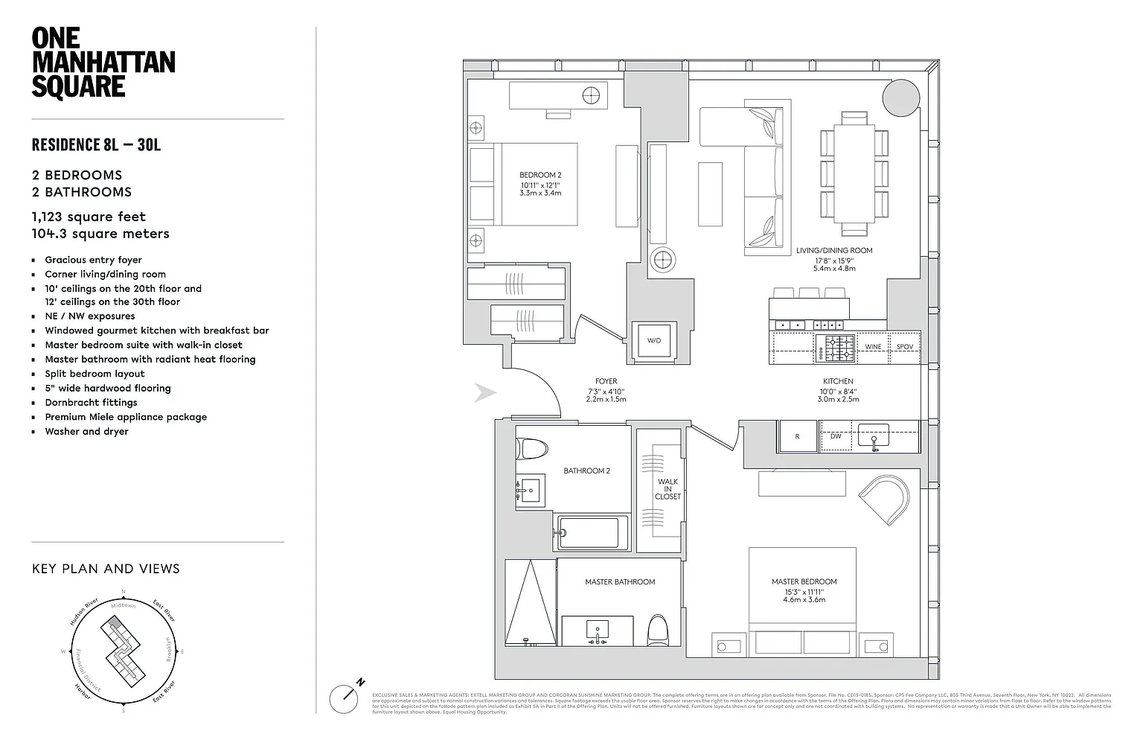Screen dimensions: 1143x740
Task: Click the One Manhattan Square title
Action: pyautogui.click(x=103, y=63)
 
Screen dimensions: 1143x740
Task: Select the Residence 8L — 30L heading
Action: pyautogui.click(x=96, y=144)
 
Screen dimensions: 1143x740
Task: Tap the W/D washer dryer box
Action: pyautogui.click(x=653, y=341)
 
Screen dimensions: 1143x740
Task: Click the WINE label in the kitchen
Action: pyautogui.click(x=873, y=347)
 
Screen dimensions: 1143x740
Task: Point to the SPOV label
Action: pyautogui.click(x=904, y=347)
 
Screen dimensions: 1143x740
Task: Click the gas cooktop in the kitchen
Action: pyautogui.click(x=836, y=348)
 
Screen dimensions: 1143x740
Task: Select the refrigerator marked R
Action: pyautogui.click(x=797, y=436)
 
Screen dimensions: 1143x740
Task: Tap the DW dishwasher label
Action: pyautogui.click(x=836, y=436)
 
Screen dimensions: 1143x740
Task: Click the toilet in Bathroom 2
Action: pyautogui.click(x=532, y=448)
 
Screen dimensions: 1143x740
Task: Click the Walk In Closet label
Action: pyautogui.click(x=667, y=489)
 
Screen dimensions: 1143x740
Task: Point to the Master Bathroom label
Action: pyautogui.click(x=620, y=582)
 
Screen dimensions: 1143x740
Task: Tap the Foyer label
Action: pyautogui.click(x=606, y=382)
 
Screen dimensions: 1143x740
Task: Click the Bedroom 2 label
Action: pyautogui.click(x=540, y=176)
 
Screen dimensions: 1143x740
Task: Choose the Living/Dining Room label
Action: pyautogui.click(x=834, y=251)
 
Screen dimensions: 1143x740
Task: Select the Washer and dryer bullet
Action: pyautogui.click(x=86, y=432)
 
